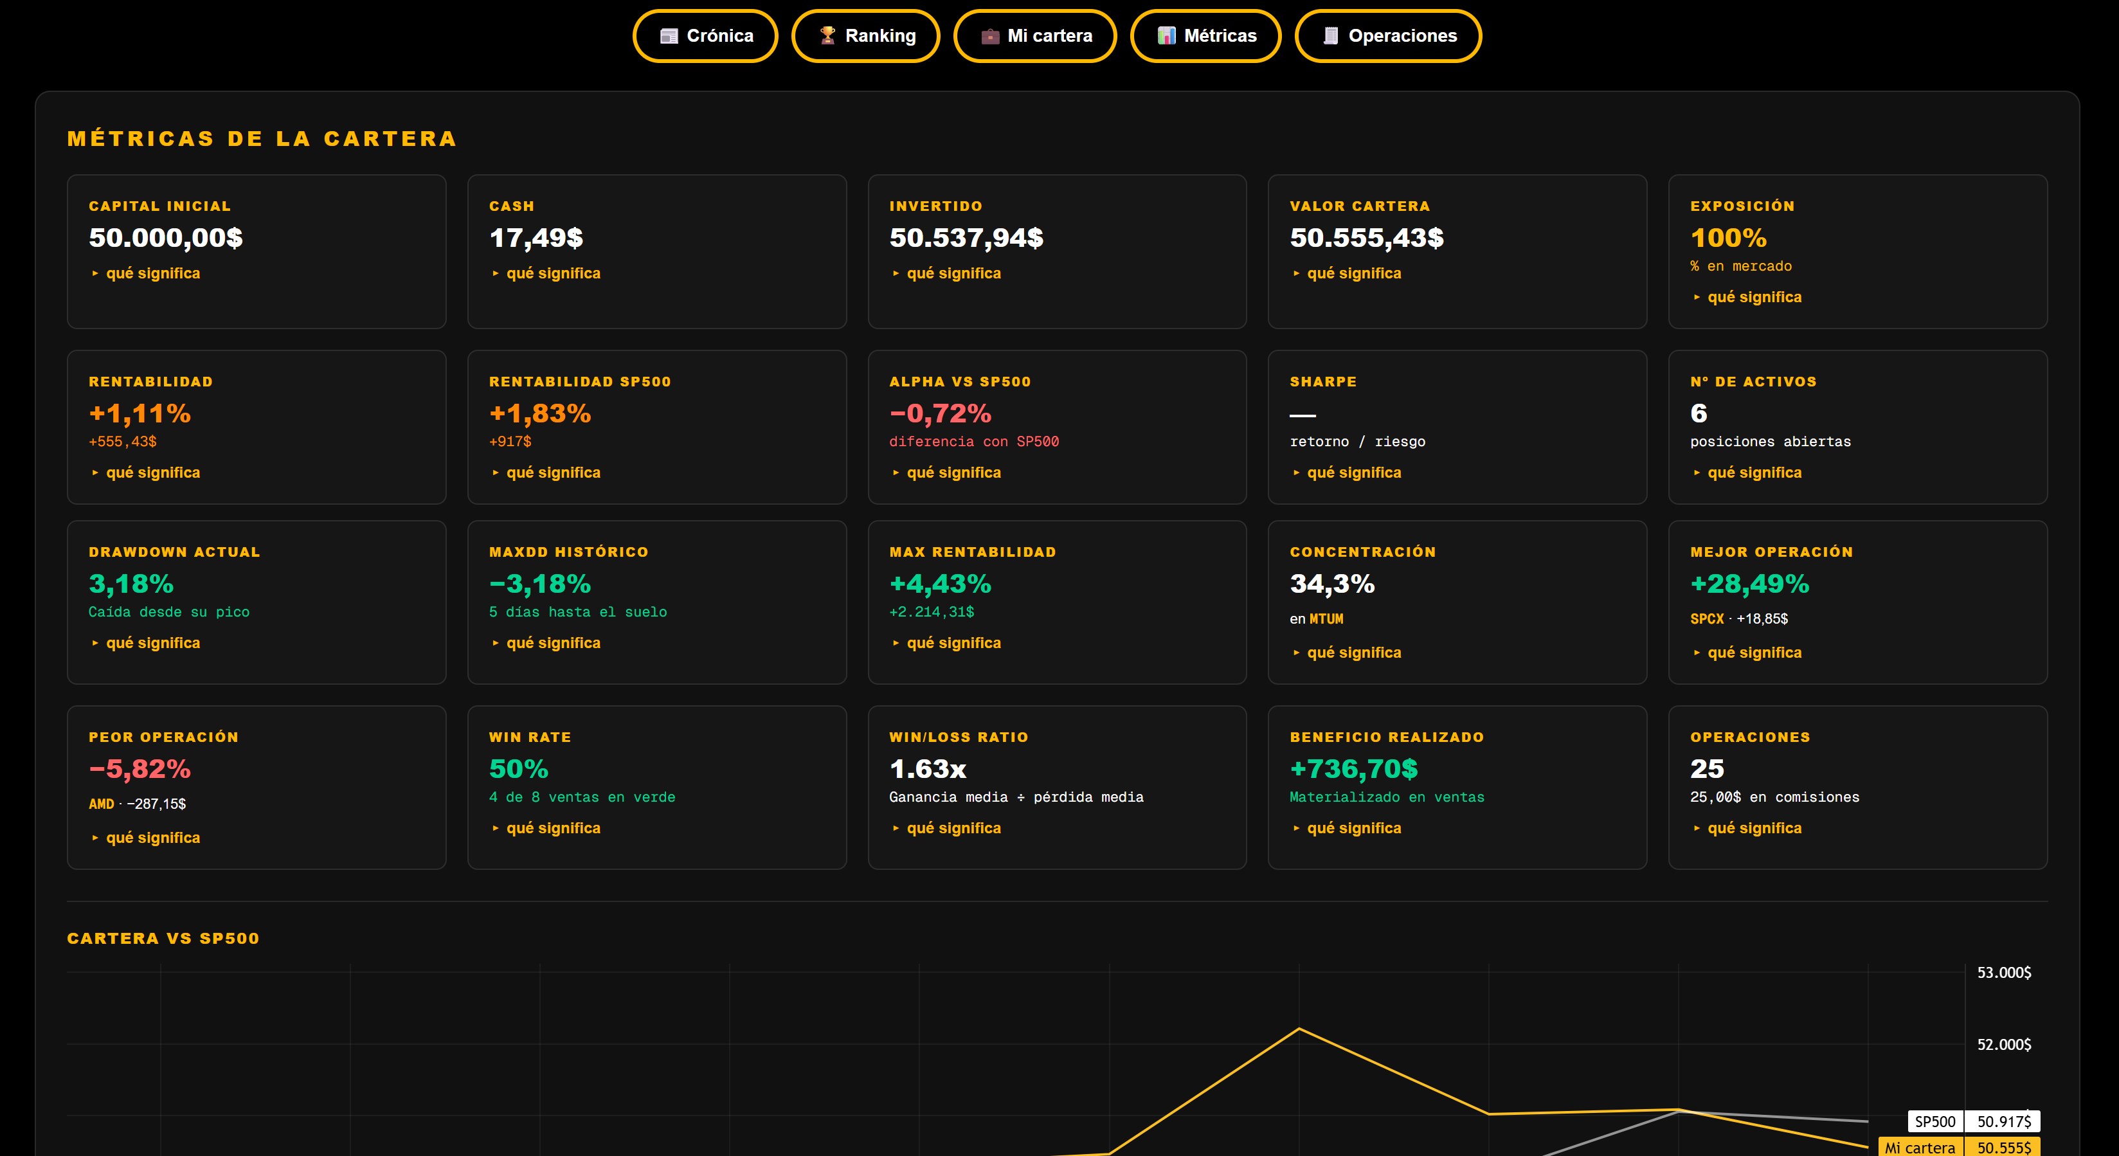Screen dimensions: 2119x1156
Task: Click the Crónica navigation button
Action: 705,36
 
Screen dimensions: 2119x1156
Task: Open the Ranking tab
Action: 865,36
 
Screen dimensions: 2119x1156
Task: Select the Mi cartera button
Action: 1035,36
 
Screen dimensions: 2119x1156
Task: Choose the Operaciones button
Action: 1389,36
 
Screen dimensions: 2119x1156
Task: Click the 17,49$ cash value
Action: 536,238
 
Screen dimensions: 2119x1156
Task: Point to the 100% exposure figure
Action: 1728,238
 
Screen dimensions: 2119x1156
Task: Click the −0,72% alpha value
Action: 940,413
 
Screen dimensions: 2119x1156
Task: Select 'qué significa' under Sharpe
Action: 1354,473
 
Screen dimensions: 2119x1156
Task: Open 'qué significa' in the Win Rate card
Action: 554,827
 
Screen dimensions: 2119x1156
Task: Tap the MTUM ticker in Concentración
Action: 1326,619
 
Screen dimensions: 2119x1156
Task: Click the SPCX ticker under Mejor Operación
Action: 1707,619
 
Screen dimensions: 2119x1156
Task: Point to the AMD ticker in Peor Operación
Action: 101,804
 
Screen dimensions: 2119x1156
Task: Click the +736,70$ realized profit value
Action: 1354,768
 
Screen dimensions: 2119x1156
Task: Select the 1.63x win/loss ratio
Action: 928,768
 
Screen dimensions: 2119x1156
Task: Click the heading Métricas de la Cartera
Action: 262,138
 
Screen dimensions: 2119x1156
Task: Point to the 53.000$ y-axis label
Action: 2004,973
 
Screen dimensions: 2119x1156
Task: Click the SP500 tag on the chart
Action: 1934,1121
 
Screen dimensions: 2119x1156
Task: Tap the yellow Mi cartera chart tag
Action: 1920,1147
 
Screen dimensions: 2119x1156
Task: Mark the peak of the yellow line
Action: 1299,1029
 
